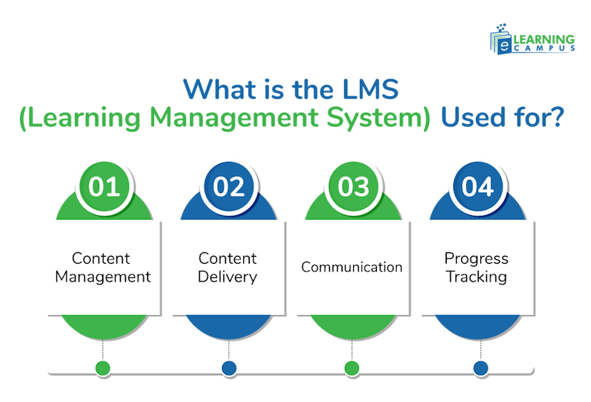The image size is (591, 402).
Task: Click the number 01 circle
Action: pos(103,187)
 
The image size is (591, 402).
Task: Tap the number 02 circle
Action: pos(228,187)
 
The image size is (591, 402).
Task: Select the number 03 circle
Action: pos(353,187)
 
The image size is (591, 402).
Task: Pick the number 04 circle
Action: pos(478,187)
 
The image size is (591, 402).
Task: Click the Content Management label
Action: pos(103,267)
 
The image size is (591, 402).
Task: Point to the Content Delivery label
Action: pos(228,267)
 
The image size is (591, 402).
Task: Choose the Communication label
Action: pos(352,267)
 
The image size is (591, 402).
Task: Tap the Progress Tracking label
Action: pos(476,267)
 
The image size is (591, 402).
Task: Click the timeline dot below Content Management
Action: pos(103,368)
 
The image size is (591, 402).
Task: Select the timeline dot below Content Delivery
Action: pos(228,368)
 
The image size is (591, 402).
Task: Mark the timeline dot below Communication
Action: pos(352,368)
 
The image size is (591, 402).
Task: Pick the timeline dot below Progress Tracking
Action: pos(480,368)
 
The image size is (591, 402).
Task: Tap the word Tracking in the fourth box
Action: pos(476,277)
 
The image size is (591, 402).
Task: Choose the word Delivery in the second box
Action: pos(228,277)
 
